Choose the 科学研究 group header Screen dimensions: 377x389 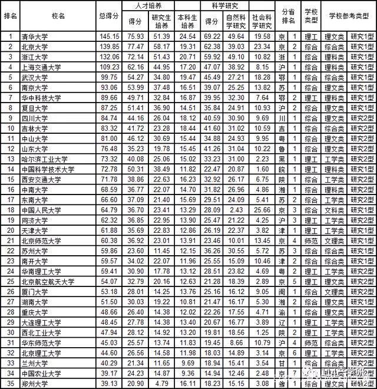pos(224,5)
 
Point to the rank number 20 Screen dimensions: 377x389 pos(9,230)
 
